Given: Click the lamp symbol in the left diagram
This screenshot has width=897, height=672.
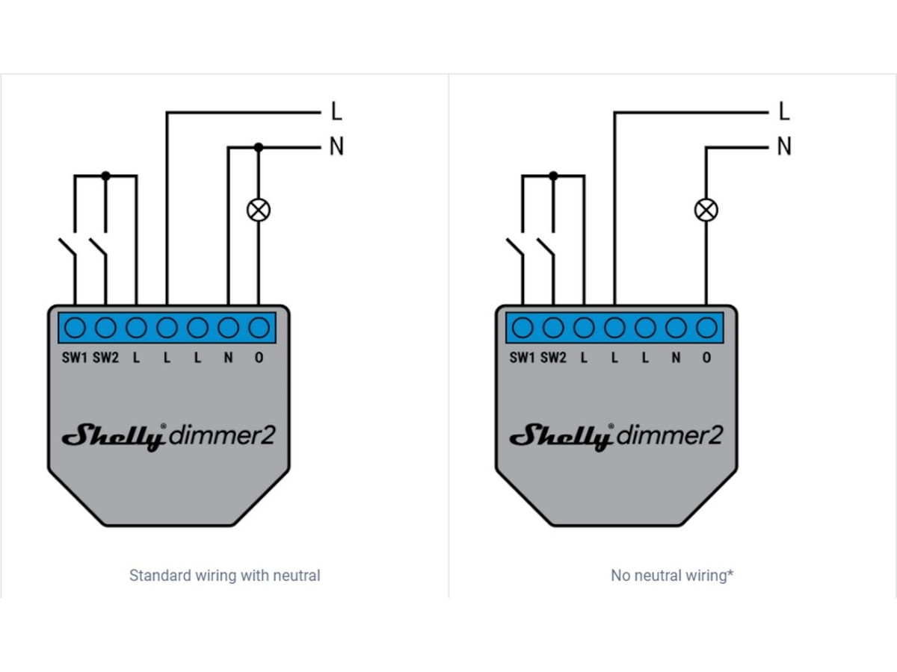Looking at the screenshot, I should click(x=259, y=211).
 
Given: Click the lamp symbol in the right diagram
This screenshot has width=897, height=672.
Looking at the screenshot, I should click(x=706, y=211).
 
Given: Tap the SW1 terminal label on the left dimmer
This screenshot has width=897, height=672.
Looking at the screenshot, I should click(x=75, y=358).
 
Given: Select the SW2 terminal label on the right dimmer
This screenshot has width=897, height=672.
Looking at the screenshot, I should click(x=553, y=358).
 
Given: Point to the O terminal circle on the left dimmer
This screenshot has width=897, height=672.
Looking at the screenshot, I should click(x=259, y=328).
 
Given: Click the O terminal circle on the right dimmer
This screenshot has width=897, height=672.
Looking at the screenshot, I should click(x=706, y=328).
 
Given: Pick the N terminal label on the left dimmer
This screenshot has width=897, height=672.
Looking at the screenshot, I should click(x=228, y=358).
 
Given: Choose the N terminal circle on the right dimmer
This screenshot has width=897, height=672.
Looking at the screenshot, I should click(x=676, y=328).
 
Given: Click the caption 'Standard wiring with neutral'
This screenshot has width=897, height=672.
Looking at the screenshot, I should click(x=224, y=576).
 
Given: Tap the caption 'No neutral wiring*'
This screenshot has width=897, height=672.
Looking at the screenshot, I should click(x=672, y=576).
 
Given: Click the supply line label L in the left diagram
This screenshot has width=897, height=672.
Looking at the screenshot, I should click(x=336, y=113).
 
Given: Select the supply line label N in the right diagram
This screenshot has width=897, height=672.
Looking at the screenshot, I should click(x=784, y=147).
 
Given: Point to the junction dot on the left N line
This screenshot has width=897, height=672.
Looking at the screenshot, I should click(x=259, y=147).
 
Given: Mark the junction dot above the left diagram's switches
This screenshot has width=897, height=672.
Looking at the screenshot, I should click(x=105, y=175).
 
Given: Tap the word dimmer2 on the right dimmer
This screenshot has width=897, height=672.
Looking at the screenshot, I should click(x=671, y=435).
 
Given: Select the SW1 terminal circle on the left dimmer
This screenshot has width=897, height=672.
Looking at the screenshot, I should click(x=75, y=328).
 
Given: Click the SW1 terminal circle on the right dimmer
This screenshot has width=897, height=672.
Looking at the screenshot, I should click(x=523, y=328).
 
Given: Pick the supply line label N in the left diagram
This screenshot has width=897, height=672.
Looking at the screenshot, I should click(x=336, y=147).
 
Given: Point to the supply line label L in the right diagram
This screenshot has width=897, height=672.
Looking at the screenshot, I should click(x=784, y=113).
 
